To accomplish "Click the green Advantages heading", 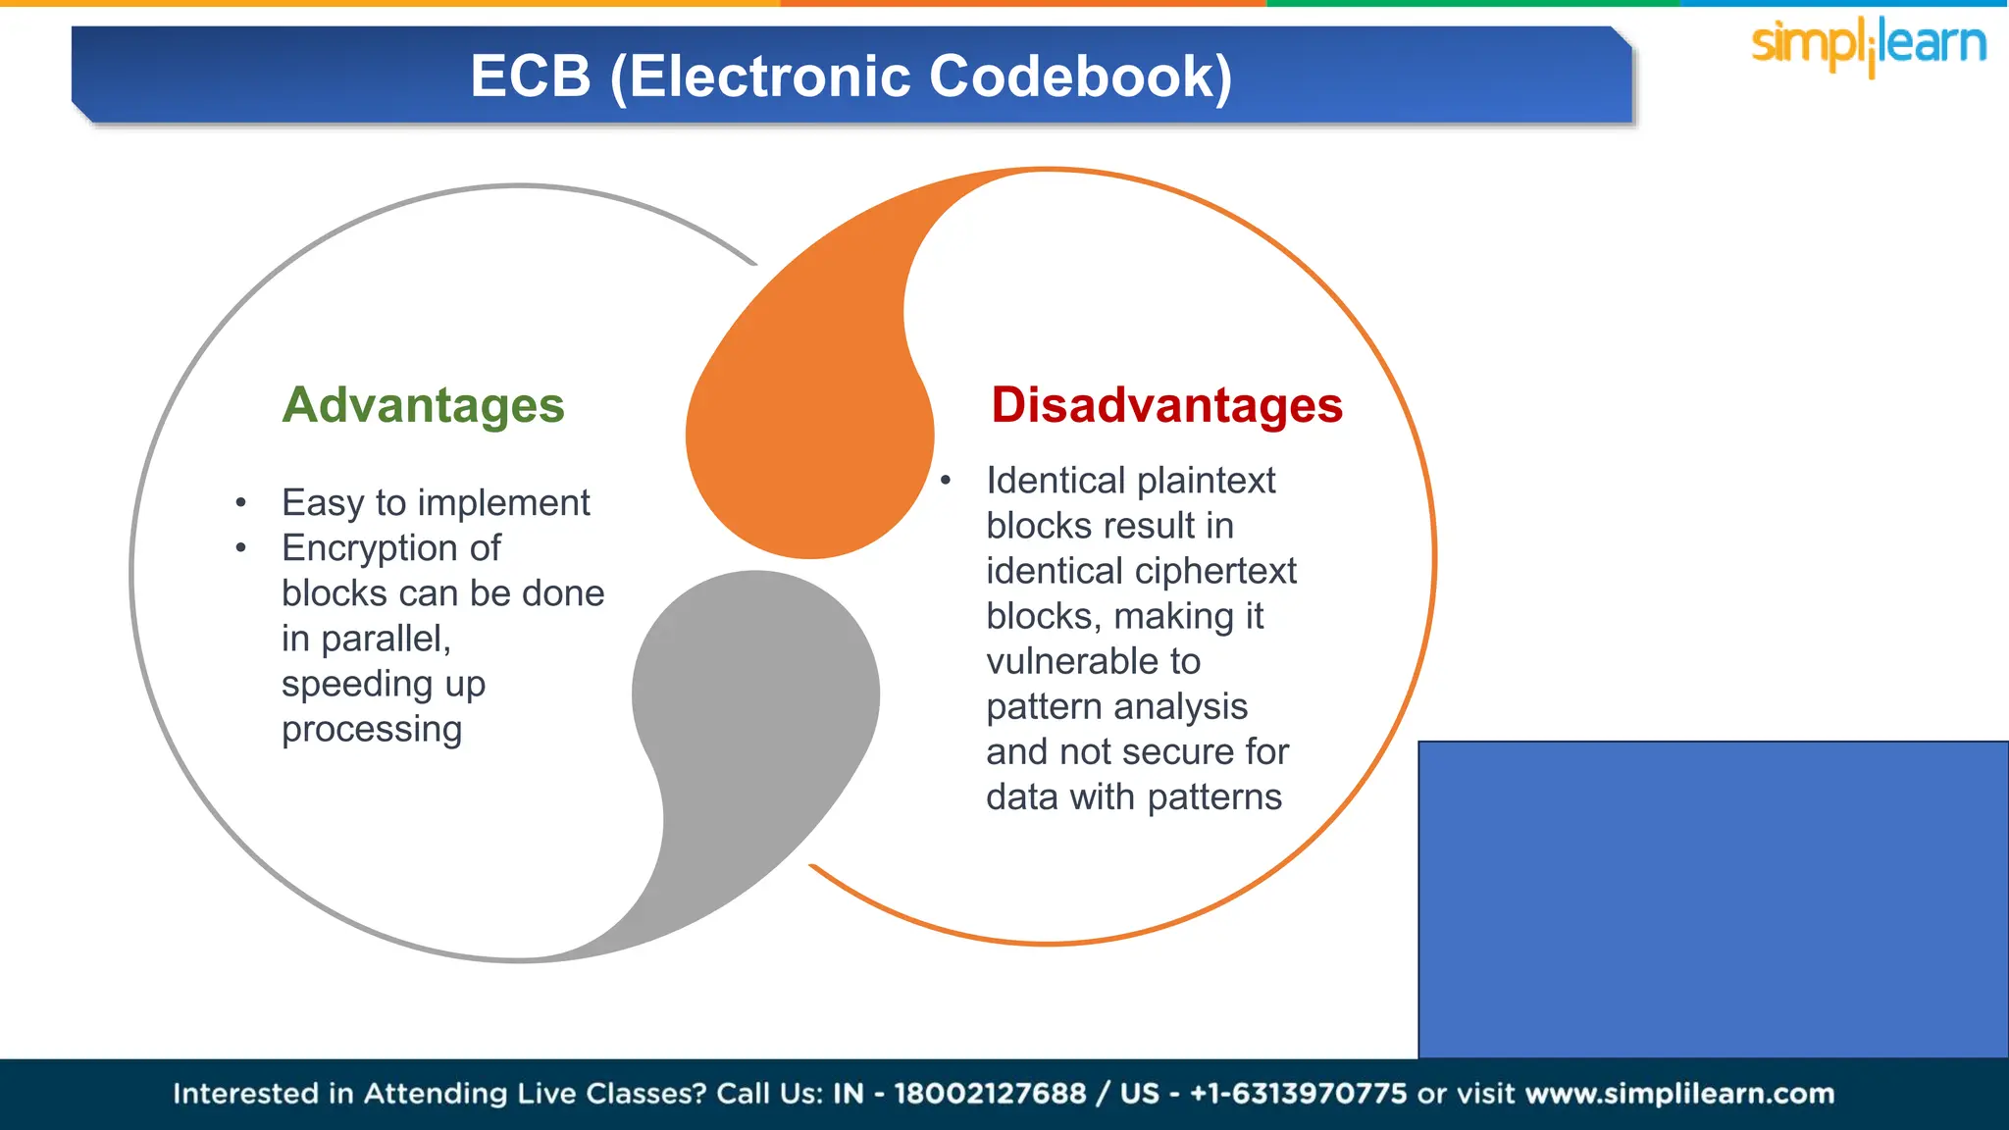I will (x=423, y=405).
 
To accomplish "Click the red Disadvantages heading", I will (x=1166, y=405).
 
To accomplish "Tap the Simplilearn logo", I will (x=1869, y=45).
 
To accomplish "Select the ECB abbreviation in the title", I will (x=530, y=77).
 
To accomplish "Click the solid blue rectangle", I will (x=1713, y=899).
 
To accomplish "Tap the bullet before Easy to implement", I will (x=240, y=503).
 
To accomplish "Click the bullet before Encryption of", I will (x=240, y=548).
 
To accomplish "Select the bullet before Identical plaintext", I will (x=946, y=481).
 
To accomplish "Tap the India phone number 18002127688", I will (x=990, y=1094).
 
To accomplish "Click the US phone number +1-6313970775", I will (x=1298, y=1094).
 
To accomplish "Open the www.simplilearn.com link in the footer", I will (x=1679, y=1094).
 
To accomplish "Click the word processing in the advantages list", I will (x=372, y=730).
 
